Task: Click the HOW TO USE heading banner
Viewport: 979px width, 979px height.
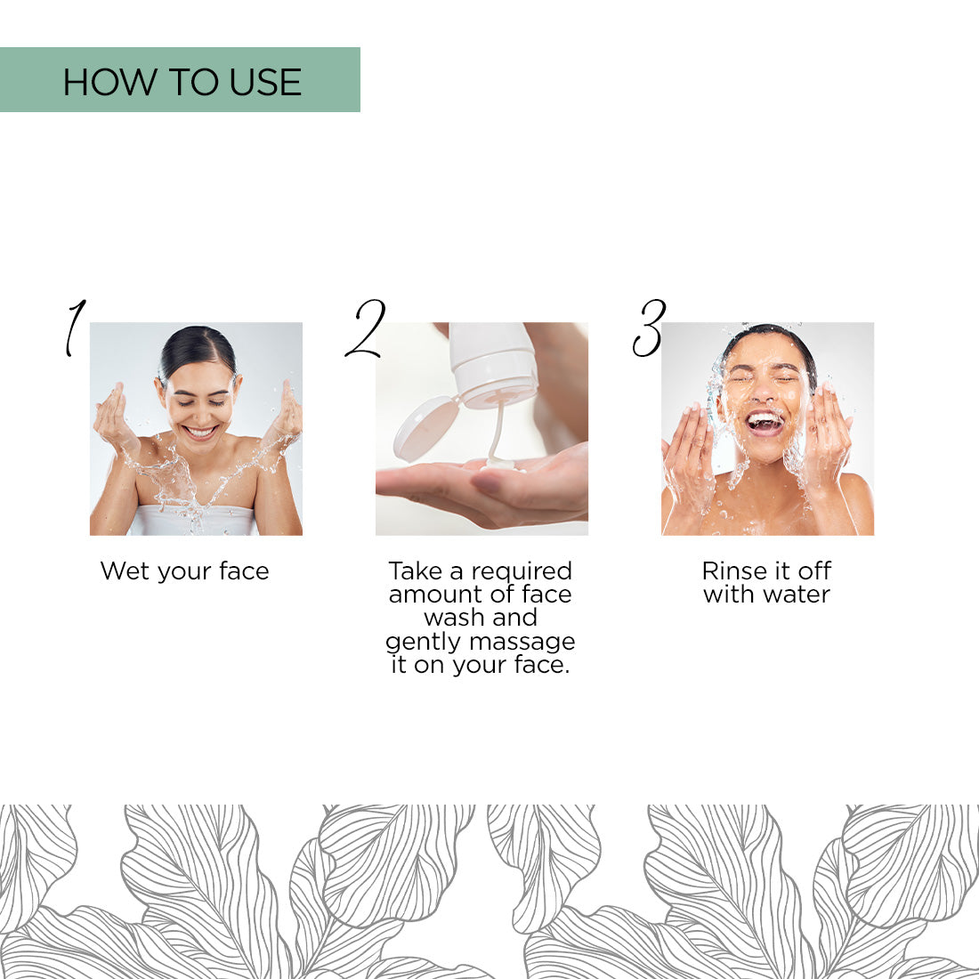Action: click(x=180, y=80)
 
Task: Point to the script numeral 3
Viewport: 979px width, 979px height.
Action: click(x=649, y=328)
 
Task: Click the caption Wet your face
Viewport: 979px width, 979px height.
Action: click(x=184, y=571)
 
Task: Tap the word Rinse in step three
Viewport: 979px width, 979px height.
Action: click(x=733, y=570)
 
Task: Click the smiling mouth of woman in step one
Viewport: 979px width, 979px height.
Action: click(x=200, y=433)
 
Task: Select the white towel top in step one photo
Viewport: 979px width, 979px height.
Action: click(x=195, y=521)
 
